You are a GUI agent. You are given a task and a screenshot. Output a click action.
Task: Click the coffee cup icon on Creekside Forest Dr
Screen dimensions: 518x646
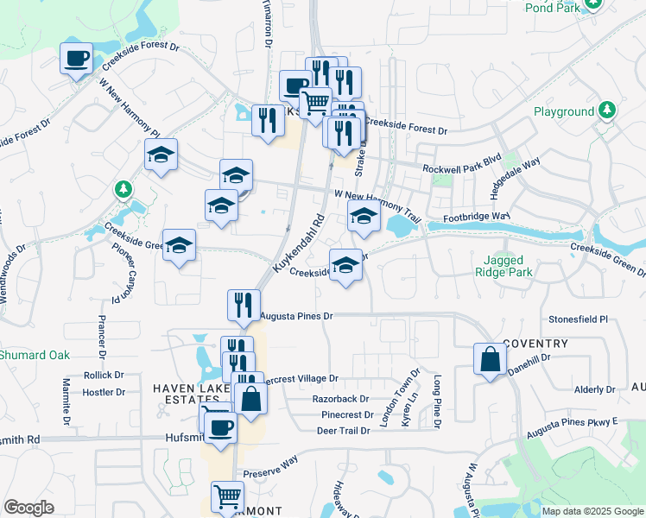[x=77, y=59]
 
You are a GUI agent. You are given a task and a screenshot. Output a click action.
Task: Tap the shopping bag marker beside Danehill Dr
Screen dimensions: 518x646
[x=490, y=359]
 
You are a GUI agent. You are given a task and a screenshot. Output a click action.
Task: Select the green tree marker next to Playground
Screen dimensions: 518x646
[x=607, y=111]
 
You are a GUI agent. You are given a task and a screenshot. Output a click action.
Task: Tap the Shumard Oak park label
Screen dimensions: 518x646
[x=35, y=355]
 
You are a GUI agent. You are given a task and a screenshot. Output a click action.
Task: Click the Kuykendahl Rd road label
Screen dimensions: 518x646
[x=298, y=244]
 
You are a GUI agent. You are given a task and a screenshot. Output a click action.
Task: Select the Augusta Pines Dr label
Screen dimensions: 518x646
[x=296, y=317]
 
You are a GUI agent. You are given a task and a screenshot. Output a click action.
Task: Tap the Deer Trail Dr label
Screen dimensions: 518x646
[x=341, y=430]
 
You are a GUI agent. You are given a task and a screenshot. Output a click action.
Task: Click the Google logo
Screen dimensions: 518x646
[x=28, y=508]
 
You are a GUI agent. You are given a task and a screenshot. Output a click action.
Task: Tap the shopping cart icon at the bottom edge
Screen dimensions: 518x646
[x=227, y=496]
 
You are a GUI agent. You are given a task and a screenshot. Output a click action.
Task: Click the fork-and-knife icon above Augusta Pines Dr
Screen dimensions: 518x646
[x=244, y=304]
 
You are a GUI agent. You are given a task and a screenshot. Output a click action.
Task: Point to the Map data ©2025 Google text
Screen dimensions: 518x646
[x=592, y=511]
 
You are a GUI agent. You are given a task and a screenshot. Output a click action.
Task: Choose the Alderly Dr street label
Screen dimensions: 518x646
[x=596, y=390]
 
